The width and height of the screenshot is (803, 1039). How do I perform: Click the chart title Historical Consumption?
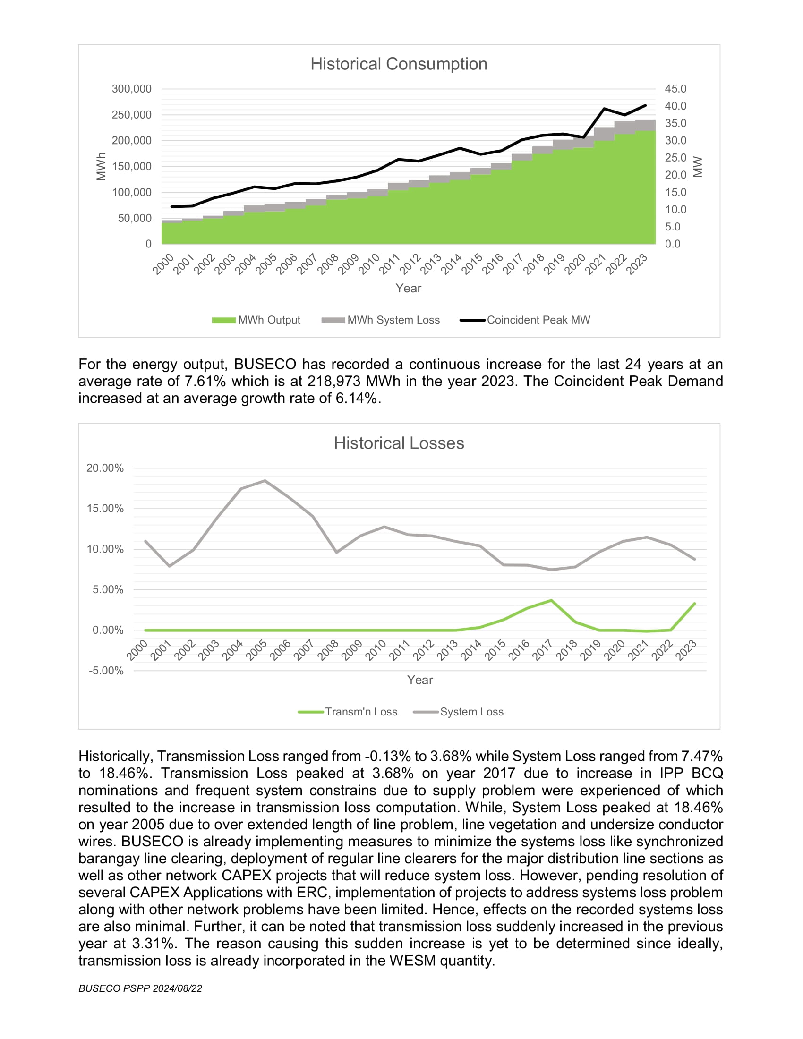click(399, 64)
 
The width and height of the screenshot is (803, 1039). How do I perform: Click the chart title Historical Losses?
click(399, 443)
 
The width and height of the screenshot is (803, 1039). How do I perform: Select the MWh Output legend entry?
click(256, 320)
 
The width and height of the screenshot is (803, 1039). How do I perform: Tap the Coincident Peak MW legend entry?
click(525, 320)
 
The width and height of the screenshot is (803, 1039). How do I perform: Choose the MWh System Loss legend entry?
click(381, 320)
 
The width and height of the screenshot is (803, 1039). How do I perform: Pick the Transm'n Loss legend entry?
click(347, 712)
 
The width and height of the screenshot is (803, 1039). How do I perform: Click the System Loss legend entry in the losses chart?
click(458, 712)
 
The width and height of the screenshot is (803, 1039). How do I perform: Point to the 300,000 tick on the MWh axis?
click(131, 89)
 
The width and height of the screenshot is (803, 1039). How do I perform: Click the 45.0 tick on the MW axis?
click(675, 89)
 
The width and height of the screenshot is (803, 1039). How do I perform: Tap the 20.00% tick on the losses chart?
click(105, 468)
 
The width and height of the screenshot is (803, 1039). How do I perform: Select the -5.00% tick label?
click(106, 671)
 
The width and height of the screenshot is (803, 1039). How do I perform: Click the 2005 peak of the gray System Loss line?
click(265, 480)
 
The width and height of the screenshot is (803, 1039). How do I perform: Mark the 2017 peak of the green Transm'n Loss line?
click(551, 600)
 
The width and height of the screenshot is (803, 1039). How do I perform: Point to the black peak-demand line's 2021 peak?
click(604, 109)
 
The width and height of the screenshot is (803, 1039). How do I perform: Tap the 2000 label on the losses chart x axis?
click(137, 650)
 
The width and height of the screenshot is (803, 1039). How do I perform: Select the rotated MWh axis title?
click(101, 167)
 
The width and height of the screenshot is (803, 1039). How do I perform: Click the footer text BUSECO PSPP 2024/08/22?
click(140, 988)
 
